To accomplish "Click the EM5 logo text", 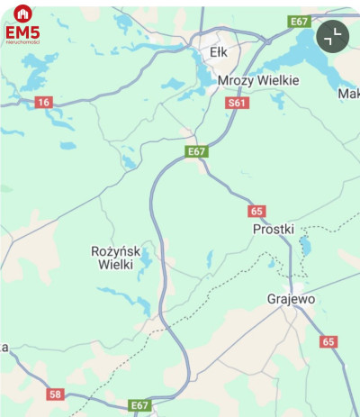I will [x=22, y=32].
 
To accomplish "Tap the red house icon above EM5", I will [x=22, y=14].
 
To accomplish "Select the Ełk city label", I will [x=219, y=52].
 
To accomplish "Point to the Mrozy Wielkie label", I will [x=258, y=80].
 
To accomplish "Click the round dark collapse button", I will [x=333, y=37].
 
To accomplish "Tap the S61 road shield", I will [x=237, y=104].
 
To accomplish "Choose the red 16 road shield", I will [x=43, y=103].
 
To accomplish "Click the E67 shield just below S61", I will [x=197, y=151].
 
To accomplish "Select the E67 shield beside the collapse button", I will [x=299, y=21].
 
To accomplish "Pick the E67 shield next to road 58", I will [x=139, y=405].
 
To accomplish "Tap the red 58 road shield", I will [x=56, y=394].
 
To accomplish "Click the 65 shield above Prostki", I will [x=257, y=211].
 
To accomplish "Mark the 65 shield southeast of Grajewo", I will [x=328, y=341].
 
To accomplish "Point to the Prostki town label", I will [x=274, y=229].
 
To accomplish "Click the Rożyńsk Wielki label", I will [x=112, y=258].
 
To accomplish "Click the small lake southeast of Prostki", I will [x=305, y=244].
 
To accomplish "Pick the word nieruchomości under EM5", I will [x=22, y=42].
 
